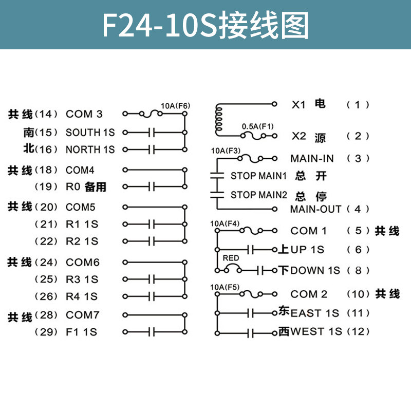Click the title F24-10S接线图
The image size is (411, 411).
coord(206,25)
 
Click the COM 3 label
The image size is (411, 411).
coord(84,114)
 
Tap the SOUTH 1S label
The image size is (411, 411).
coord(90,133)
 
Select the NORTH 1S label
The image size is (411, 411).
coord(90,150)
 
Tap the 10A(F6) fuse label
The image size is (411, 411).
coord(175,106)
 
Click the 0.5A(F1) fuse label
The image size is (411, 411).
coord(258,126)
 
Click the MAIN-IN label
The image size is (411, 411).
coord(312,158)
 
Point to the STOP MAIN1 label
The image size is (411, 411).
coord(258,176)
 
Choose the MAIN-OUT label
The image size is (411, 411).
coord(315,209)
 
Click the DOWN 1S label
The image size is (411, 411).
coord(315,270)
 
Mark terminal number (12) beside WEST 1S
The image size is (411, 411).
coord(358,331)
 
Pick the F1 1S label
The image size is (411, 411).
coord(81,332)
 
